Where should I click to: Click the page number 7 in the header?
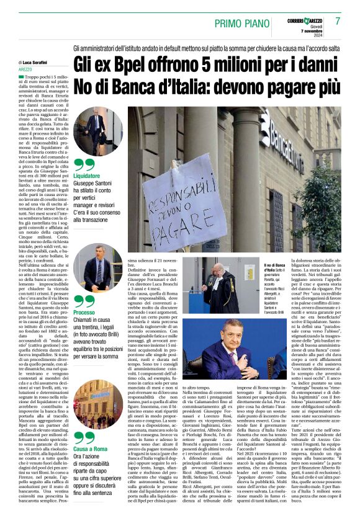point(339,21)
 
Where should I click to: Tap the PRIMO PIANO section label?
point(240,23)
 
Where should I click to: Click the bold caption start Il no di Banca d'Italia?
point(248,268)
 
